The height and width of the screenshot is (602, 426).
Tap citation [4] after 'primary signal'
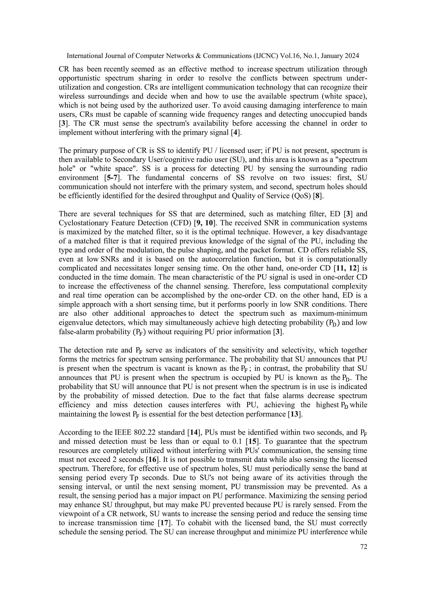click(x=236, y=132)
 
